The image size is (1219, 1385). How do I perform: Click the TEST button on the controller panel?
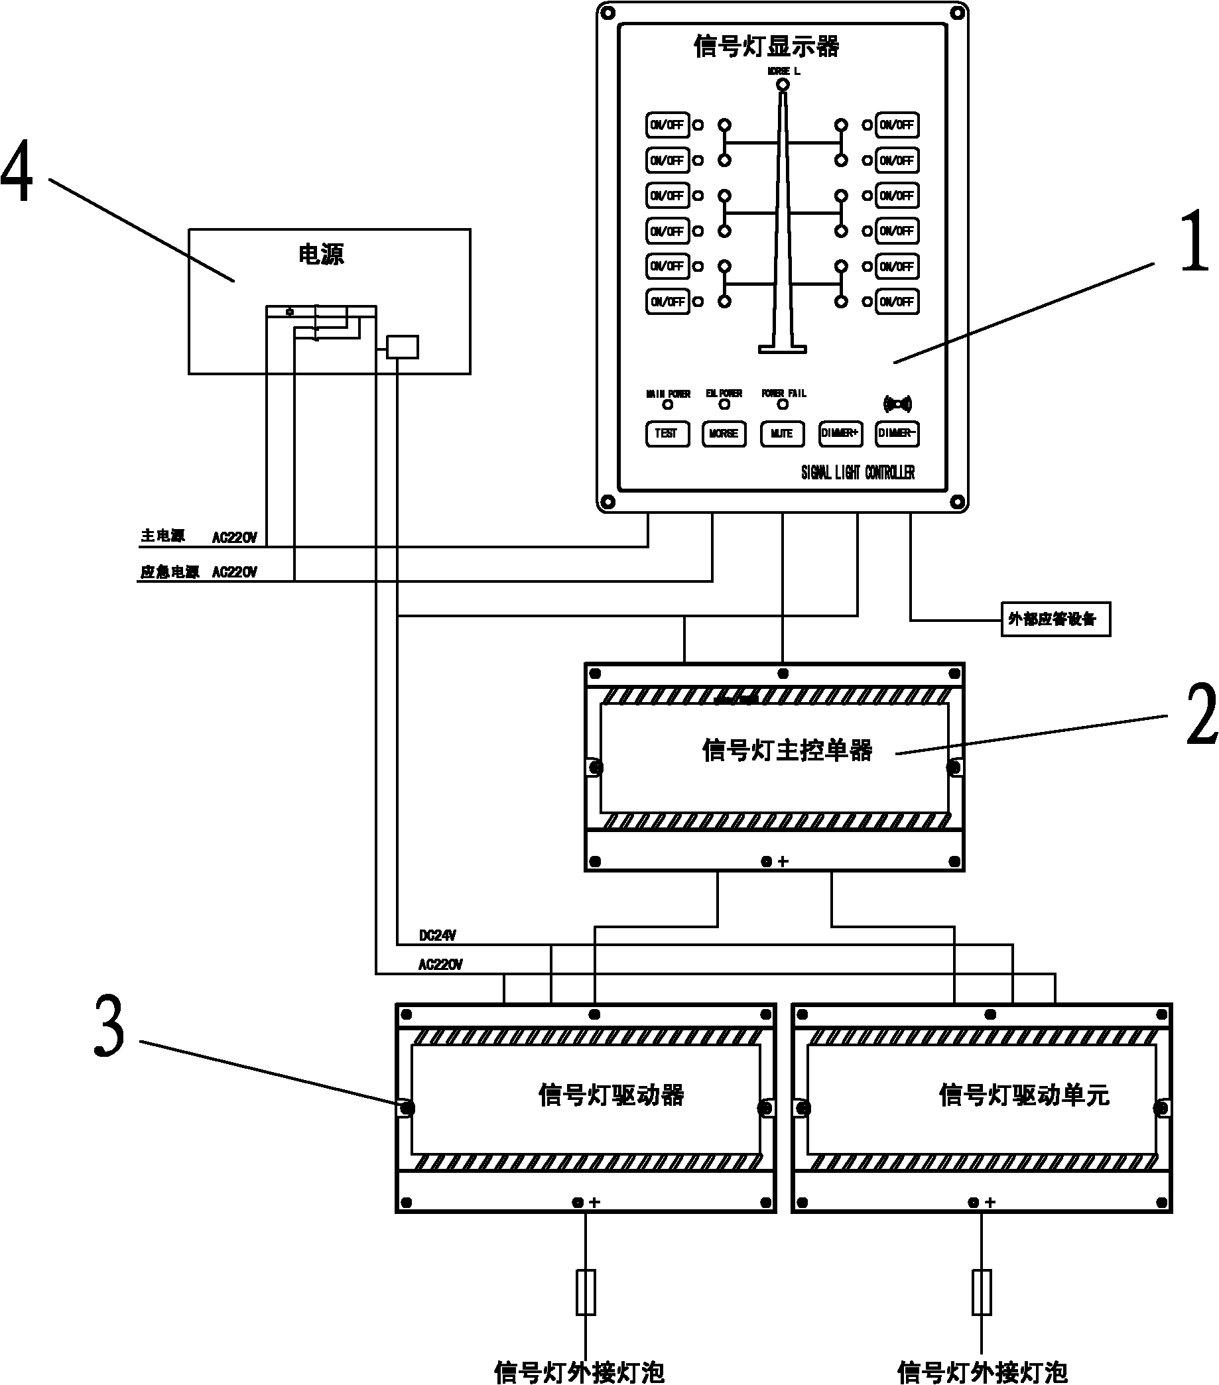click(667, 434)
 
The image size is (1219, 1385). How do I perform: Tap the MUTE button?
click(782, 434)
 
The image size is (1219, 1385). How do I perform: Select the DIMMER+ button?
click(840, 434)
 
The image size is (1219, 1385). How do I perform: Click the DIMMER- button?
click(897, 434)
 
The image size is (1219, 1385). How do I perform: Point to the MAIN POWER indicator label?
click(668, 394)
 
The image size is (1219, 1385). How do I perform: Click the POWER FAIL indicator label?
click(784, 393)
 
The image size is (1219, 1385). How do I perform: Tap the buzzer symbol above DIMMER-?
click(897, 404)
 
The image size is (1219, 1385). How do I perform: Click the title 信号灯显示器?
click(766, 47)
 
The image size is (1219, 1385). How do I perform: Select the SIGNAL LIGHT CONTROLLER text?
click(858, 472)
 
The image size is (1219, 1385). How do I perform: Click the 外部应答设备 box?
click(1055, 619)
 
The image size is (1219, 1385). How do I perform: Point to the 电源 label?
click(322, 255)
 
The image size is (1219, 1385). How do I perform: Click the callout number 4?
click(17, 171)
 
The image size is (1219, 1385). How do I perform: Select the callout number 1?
click(1194, 241)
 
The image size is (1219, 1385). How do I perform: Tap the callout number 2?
click(1201, 714)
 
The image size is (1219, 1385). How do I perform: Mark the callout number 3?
click(109, 1026)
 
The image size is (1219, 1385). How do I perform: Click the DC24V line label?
click(437, 935)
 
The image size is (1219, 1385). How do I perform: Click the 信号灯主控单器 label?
click(787, 751)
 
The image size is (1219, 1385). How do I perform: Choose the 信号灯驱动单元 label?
click(1024, 1096)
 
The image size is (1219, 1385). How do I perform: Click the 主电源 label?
click(162, 536)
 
